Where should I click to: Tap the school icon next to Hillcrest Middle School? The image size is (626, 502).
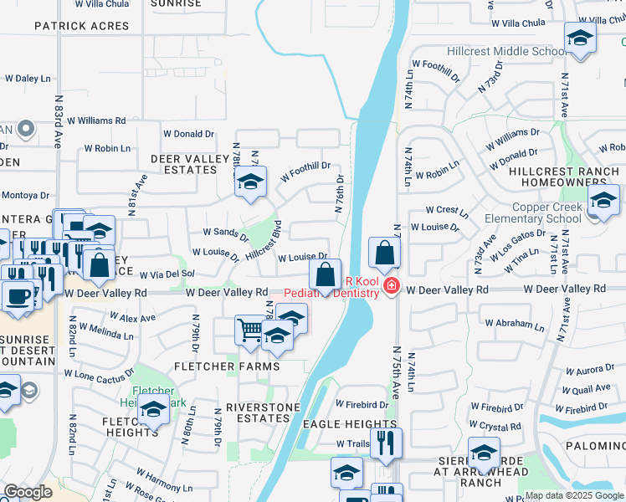[579, 38]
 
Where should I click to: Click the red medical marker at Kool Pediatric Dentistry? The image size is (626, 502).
[390, 288]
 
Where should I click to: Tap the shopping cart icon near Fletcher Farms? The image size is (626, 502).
[250, 330]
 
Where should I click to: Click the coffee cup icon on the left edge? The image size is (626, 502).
[18, 295]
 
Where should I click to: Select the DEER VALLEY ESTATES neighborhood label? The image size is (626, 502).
[183, 164]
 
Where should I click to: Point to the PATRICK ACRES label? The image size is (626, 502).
[82, 26]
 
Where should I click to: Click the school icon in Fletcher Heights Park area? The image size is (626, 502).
[153, 410]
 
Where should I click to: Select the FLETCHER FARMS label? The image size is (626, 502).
[226, 366]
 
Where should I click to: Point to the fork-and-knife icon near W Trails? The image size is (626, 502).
[386, 442]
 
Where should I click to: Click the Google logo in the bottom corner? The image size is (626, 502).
[28, 492]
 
